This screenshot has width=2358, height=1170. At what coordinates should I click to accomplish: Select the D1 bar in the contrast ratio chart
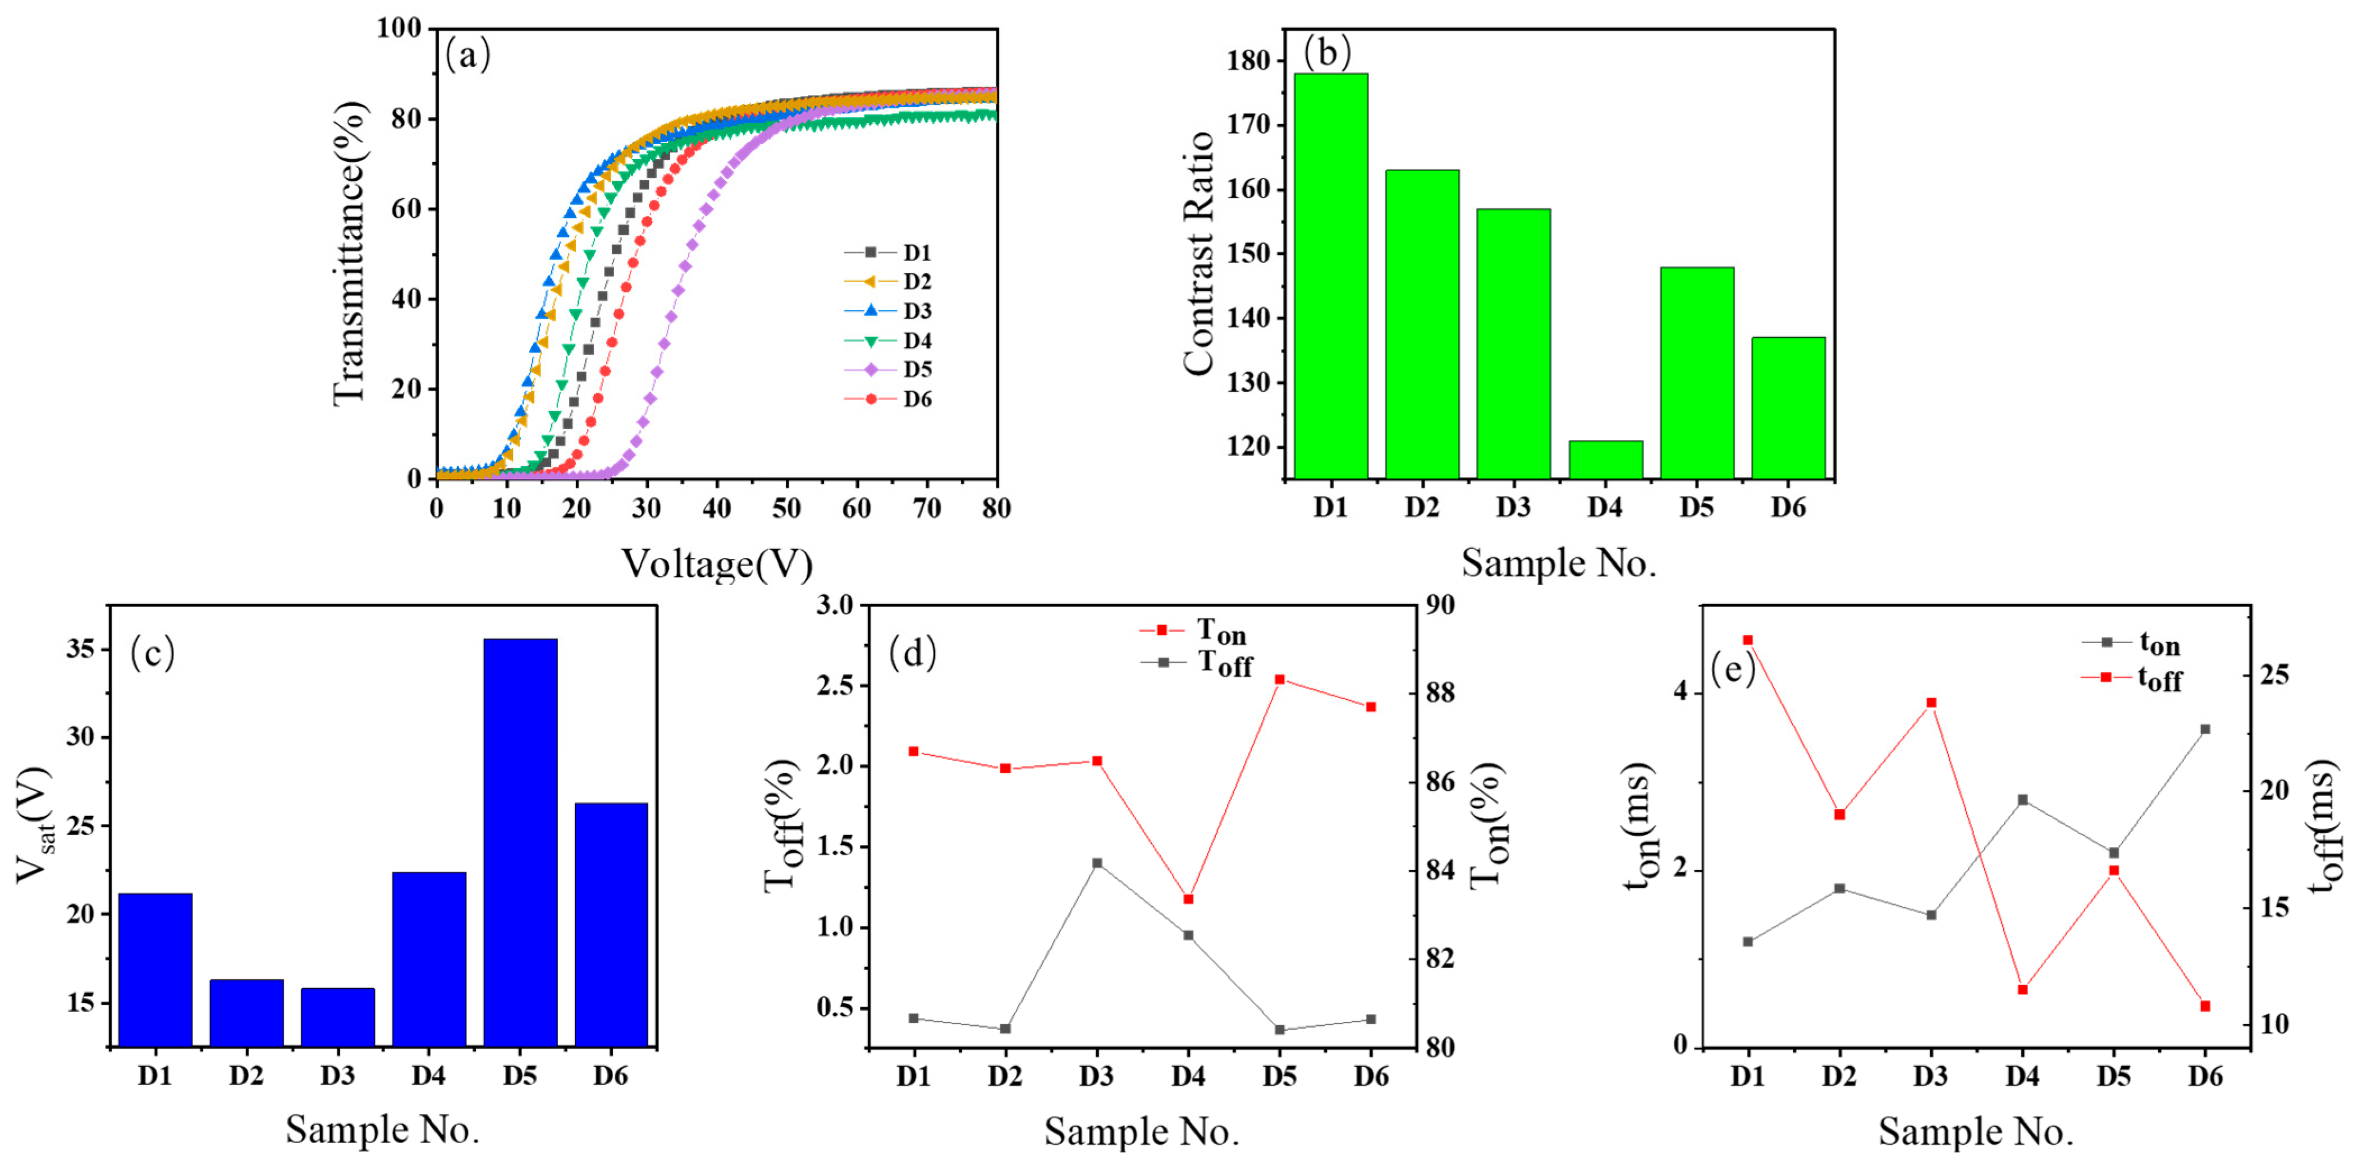tap(1330, 274)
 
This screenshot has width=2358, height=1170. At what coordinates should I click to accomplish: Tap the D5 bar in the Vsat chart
tap(520, 842)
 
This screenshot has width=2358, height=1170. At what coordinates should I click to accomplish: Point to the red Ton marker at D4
tap(1188, 899)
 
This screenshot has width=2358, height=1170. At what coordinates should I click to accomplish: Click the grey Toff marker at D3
tap(1097, 862)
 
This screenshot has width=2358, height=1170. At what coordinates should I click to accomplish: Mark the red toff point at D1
tap(1747, 640)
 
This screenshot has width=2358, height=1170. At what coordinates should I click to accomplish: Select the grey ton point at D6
tap(2205, 729)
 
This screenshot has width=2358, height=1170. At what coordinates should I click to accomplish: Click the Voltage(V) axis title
tap(717, 563)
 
